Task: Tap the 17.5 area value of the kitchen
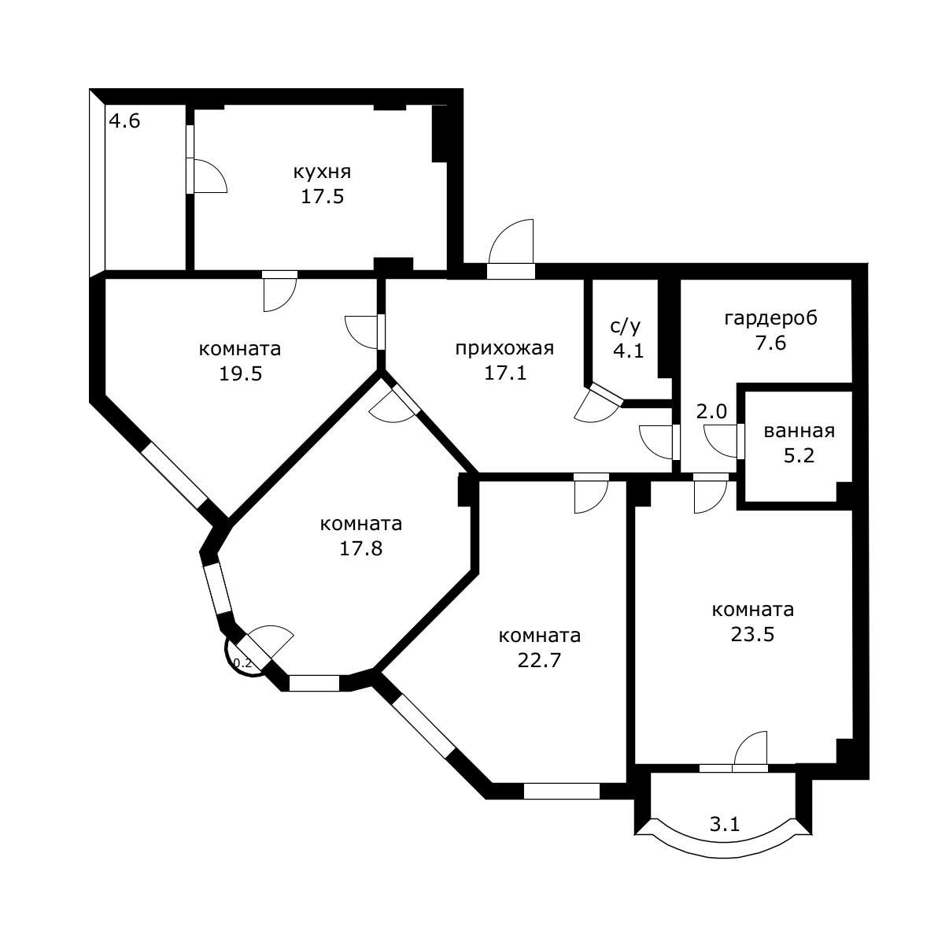point(322,197)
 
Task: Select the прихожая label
point(504,349)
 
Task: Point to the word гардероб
point(770,318)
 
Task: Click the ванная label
point(799,431)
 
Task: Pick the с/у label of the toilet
point(626,326)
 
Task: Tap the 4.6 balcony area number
point(124,121)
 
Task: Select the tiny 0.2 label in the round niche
point(242,663)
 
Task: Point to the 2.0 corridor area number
point(711,411)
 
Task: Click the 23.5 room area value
point(752,634)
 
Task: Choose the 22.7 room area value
point(539,660)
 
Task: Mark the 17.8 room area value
point(361,548)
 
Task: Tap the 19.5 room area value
point(240,373)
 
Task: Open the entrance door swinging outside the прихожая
point(511,242)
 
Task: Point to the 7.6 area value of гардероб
point(770,343)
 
